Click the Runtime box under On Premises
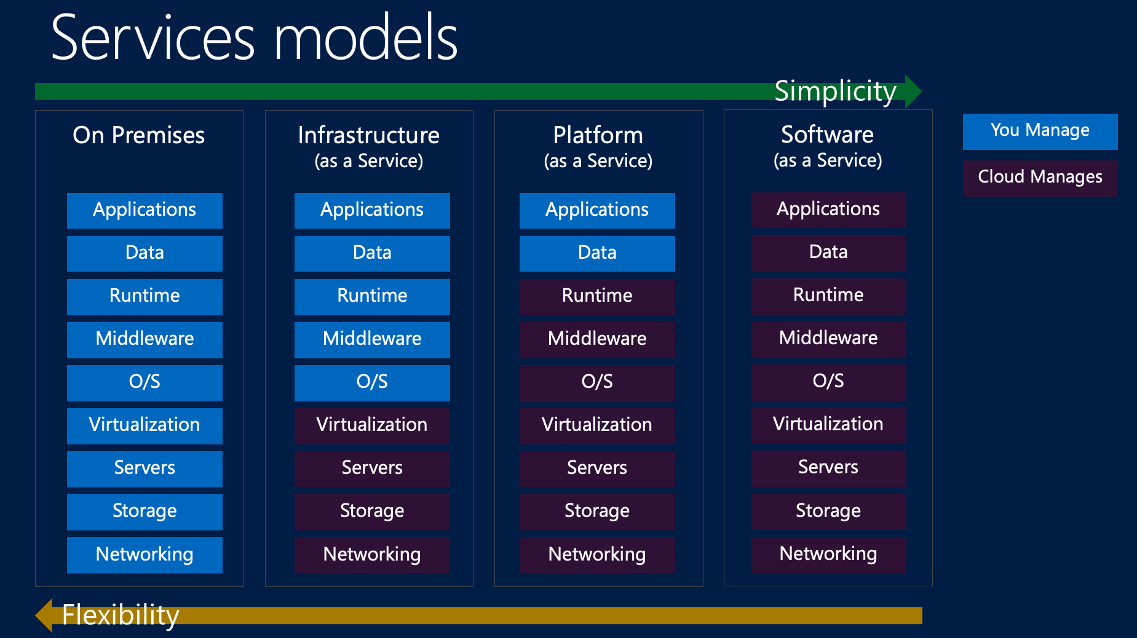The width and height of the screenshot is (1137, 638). pyautogui.click(x=145, y=296)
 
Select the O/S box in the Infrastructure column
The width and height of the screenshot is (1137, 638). pyautogui.click(x=372, y=382)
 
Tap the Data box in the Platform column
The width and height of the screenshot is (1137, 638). pyautogui.click(x=597, y=253)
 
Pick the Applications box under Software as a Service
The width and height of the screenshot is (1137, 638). pyautogui.click(x=828, y=210)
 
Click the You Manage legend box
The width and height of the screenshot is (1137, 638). pyautogui.click(x=1040, y=131)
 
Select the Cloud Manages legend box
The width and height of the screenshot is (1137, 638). pyautogui.click(x=1040, y=178)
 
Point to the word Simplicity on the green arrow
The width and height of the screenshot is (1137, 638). pyautogui.click(x=834, y=92)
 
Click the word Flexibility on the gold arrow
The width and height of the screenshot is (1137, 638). pyautogui.click(x=121, y=615)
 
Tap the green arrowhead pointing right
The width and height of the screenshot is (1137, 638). pyautogui.click(x=913, y=92)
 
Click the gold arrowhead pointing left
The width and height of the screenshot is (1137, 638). pyautogui.click(x=44, y=615)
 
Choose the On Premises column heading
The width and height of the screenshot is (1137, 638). pyautogui.click(x=138, y=135)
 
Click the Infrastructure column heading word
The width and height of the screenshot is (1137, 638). pyautogui.click(x=368, y=135)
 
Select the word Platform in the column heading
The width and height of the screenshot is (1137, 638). pyautogui.click(x=598, y=135)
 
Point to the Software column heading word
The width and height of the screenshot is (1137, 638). pyautogui.click(x=827, y=135)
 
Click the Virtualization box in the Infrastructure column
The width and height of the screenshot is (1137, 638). pyautogui.click(x=372, y=425)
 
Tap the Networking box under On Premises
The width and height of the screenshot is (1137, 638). pyautogui.click(x=145, y=555)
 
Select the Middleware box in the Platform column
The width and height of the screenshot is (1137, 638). pyautogui.click(x=597, y=339)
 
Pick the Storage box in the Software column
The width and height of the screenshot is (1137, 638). pyautogui.click(x=828, y=511)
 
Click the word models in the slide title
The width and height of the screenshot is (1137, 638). pyautogui.click(x=365, y=38)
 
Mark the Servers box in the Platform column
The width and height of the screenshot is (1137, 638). pyautogui.click(x=597, y=468)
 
